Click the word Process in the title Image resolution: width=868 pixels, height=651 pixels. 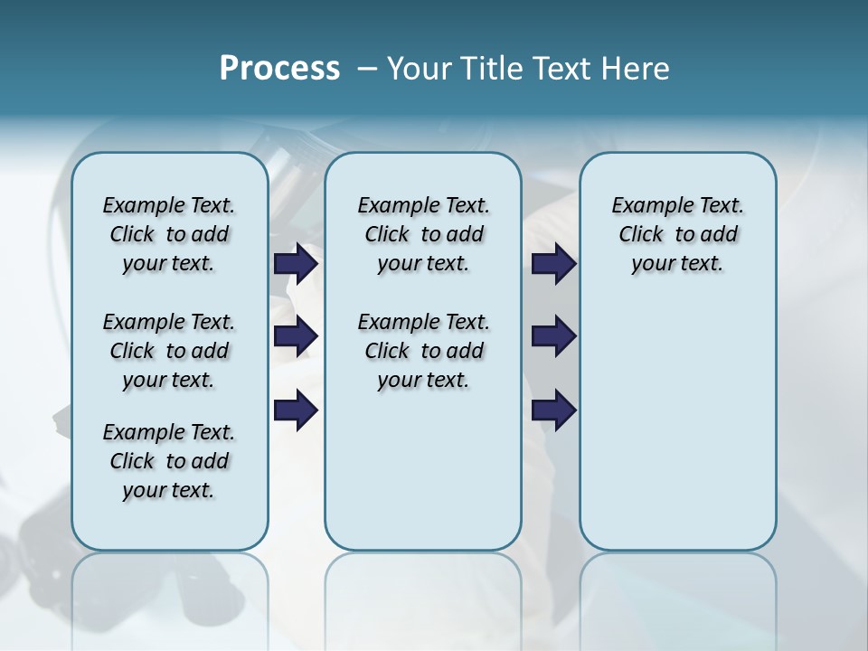[x=279, y=69]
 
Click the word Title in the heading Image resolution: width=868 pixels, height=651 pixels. [x=490, y=69]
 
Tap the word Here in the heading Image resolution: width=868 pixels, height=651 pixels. [x=636, y=69]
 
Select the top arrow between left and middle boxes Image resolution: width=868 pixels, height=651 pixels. [x=296, y=263]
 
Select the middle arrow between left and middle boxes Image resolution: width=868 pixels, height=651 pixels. [x=296, y=336]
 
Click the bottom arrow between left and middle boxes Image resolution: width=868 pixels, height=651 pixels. [x=296, y=410]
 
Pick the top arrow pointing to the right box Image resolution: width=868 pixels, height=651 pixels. [x=553, y=263]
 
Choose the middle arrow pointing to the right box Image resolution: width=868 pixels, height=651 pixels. [x=553, y=336]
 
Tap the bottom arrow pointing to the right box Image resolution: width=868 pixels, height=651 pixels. [x=553, y=410]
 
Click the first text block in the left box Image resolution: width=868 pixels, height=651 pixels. [x=169, y=234]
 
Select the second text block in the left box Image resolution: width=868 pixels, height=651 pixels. [x=169, y=351]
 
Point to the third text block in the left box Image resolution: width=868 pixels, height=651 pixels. [x=169, y=461]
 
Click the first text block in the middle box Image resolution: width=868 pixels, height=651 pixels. [x=423, y=234]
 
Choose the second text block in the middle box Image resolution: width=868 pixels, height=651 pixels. [x=423, y=351]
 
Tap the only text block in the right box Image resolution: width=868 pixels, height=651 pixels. [x=677, y=234]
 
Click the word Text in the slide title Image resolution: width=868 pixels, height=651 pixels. [x=562, y=69]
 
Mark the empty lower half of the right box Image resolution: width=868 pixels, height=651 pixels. [x=677, y=434]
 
